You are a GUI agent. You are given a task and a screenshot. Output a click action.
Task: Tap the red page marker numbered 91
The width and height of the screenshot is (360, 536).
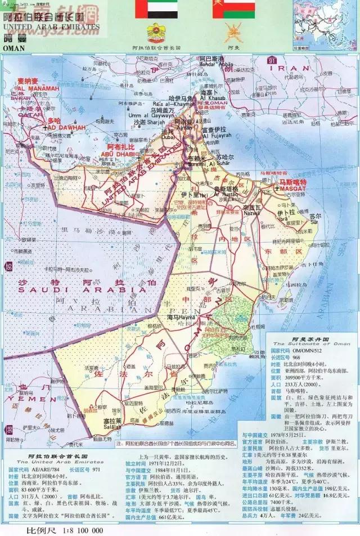pyautogui.click(x=272, y=60)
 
